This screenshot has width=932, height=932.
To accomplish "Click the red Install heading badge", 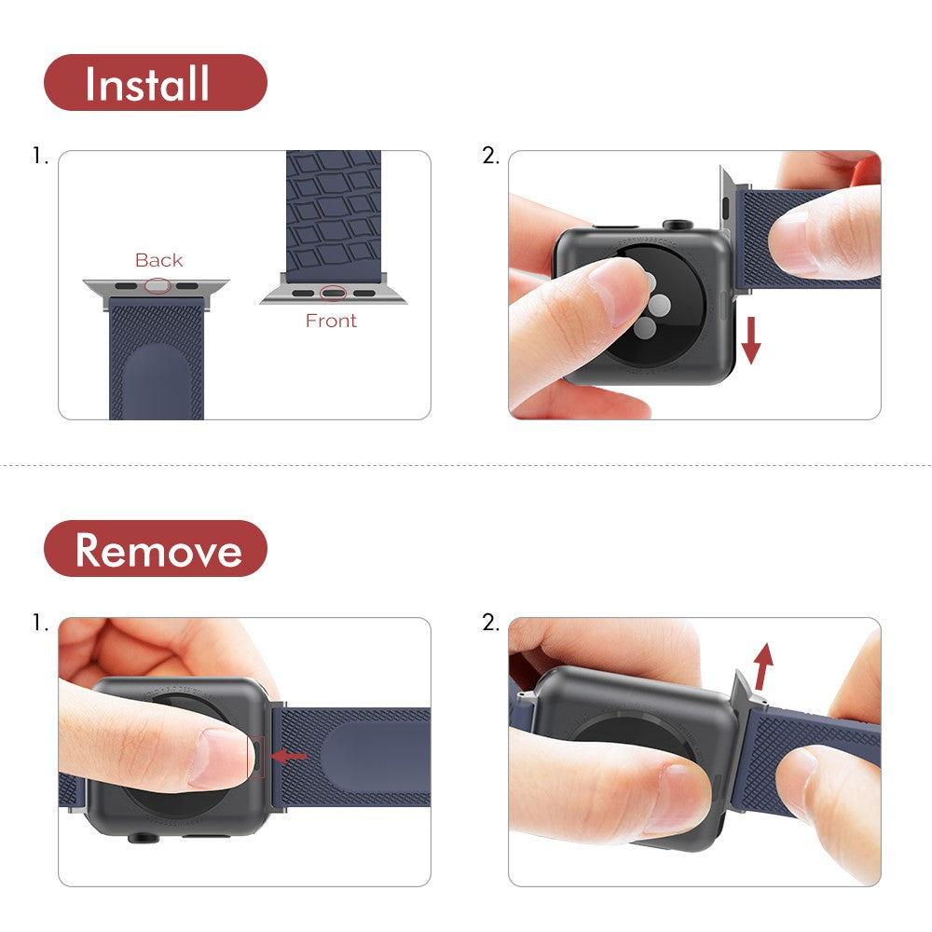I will (155, 83).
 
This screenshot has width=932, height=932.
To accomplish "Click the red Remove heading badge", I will (155, 549).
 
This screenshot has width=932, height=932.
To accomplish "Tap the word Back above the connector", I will (158, 260).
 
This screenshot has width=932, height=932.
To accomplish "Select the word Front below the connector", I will (331, 321).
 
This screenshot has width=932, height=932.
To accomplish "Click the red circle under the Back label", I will (158, 286).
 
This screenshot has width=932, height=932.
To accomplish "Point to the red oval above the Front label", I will (333, 293).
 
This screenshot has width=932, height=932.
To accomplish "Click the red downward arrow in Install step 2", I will (751, 341).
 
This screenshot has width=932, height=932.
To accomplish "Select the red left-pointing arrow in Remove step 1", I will (288, 756).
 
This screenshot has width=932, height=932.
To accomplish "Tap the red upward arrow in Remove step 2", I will (763, 665).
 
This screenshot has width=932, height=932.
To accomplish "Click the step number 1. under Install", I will (40, 157).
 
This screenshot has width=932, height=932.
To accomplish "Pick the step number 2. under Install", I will (490, 157).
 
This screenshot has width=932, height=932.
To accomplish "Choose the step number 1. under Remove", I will (40, 623).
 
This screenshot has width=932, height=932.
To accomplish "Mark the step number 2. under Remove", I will (490, 623).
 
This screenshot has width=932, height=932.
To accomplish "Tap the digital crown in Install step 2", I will (678, 226).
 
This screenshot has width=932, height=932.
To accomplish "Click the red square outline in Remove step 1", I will (257, 756).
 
